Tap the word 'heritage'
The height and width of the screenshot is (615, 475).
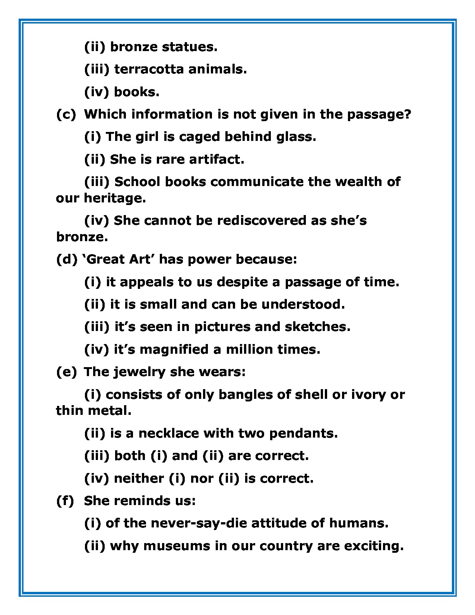[114, 198]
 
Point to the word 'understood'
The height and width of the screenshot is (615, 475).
[303, 305]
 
